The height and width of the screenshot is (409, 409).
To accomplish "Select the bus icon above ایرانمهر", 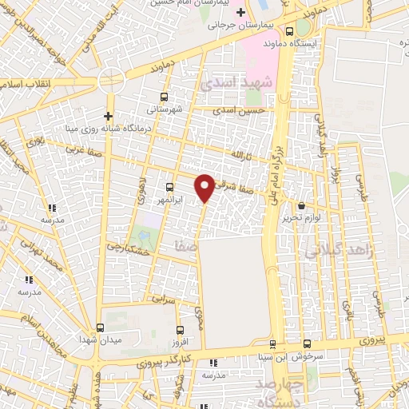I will click(169, 187).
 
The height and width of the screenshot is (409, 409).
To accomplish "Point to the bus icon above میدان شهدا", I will click(100, 328).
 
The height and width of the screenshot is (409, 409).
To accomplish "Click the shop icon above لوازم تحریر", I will click(301, 206).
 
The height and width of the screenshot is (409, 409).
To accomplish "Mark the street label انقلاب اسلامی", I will click(28, 83).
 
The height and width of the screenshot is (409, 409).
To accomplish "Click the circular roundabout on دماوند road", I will click(111, 81).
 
